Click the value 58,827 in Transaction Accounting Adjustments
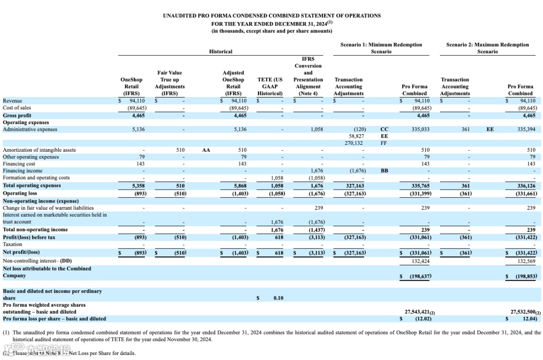[355, 136]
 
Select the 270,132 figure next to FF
[353, 143]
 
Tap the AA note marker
[206, 150]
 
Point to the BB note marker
[385, 171]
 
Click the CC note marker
[385, 129]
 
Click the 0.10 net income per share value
[278, 298]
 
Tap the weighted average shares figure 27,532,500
[524, 312]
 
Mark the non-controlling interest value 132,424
[421, 261]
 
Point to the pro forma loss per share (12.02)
[421, 319]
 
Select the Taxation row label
[13, 244]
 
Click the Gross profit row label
[17, 115]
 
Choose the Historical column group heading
[221, 52]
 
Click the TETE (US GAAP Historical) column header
[270, 86]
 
